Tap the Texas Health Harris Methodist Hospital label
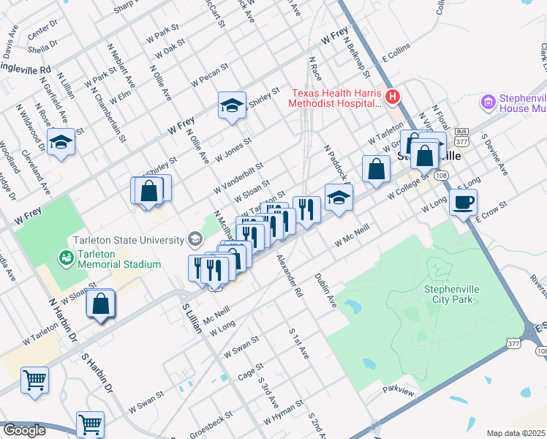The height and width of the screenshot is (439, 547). point(337,98)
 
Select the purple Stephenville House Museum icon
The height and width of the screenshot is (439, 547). point(488,102)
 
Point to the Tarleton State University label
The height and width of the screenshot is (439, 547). point(128,240)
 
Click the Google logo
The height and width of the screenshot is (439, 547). point(24,430)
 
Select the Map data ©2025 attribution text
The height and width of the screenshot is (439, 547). point(516,433)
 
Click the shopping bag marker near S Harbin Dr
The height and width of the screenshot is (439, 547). point(100,304)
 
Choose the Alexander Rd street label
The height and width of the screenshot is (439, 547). point(289,275)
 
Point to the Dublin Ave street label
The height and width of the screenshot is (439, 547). point(325,290)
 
